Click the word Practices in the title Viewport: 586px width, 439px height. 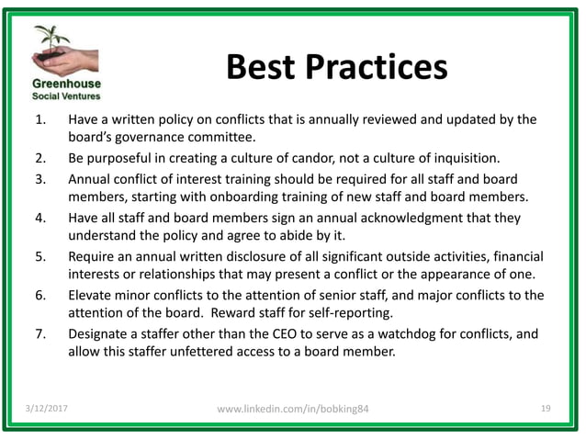click(x=378, y=68)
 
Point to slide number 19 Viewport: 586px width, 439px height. click(x=546, y=407)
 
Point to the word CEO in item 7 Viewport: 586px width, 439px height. click(x=276, y=334)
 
